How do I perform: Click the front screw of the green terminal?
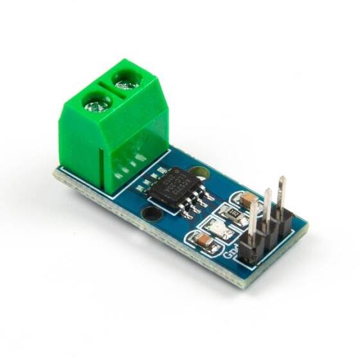[x=95, y=101]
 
